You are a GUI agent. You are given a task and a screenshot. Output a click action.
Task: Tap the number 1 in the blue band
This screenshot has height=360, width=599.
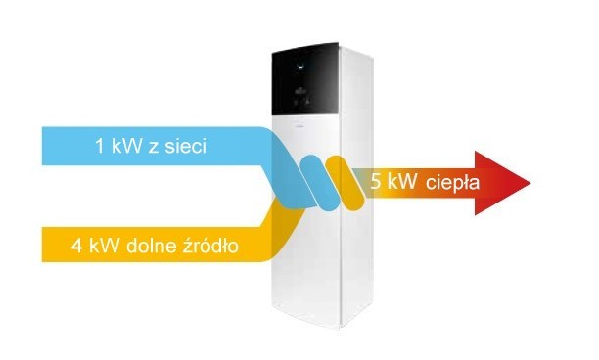99,148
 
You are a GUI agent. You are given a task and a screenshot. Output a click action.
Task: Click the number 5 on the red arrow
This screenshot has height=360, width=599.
378,182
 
